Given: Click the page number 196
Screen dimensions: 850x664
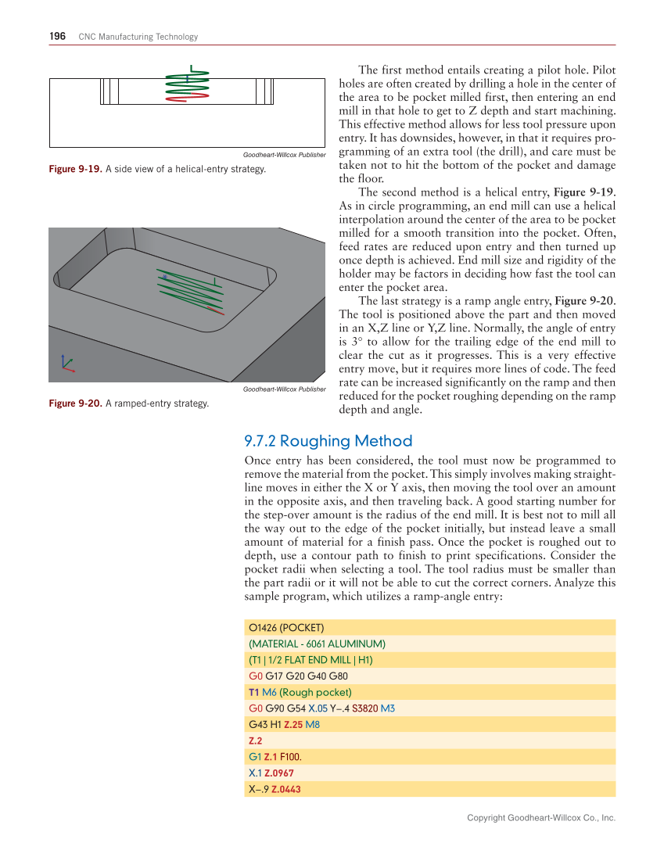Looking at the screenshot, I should (x=56, y=37).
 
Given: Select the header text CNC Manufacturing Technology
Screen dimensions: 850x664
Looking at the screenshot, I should (x=138, y=37).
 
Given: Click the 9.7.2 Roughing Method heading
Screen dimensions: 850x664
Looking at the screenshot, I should (x=328, y=441).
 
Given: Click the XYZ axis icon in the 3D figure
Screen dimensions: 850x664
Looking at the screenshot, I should (x=66, y=364).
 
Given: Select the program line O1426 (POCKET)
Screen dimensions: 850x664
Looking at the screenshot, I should (x=286, y=627).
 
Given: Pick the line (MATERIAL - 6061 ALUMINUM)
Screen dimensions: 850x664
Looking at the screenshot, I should (x=317, y=644).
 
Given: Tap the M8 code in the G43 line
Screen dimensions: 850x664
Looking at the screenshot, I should (x=312, y=724).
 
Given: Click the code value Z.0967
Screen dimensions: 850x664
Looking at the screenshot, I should (x=279, y=773).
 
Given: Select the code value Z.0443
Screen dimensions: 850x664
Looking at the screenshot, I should (x=285, y=789).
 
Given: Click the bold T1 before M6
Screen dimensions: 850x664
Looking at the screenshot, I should (x=253, y=692).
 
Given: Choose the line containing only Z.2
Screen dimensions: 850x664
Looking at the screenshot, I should (x=255, y=740).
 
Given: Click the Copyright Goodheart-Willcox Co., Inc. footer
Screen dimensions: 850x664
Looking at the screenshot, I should (x=541, y=818).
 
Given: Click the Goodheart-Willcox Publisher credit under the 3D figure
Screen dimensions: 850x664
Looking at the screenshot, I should (x=284, y=389).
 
